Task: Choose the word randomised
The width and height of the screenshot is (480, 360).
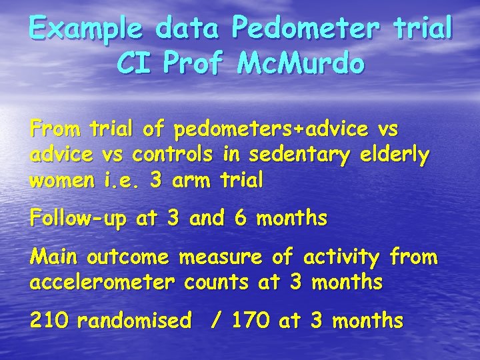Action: point(134,321)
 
